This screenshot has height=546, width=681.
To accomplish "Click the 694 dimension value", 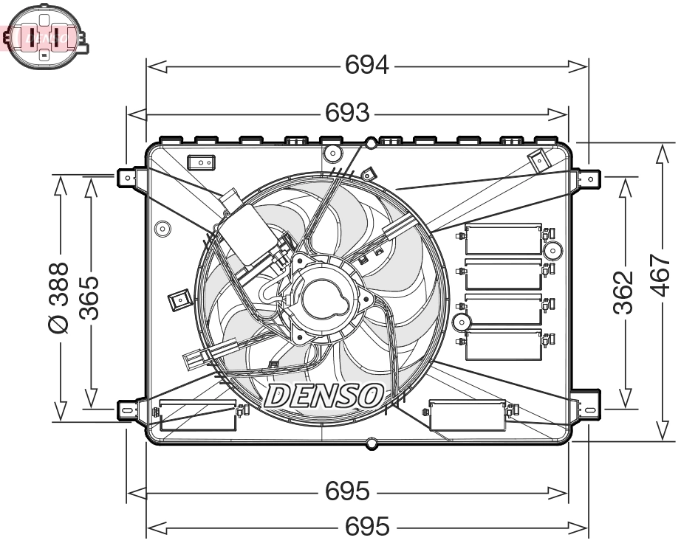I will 367,66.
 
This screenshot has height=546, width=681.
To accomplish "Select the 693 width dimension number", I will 347,113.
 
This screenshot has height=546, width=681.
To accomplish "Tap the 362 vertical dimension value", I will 624,291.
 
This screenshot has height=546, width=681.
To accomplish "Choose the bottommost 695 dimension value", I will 367,527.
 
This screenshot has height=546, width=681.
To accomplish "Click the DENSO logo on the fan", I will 323,395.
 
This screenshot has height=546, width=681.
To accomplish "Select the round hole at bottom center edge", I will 372,443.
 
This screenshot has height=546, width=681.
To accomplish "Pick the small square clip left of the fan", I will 178,300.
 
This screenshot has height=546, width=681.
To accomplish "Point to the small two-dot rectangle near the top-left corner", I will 200,162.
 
